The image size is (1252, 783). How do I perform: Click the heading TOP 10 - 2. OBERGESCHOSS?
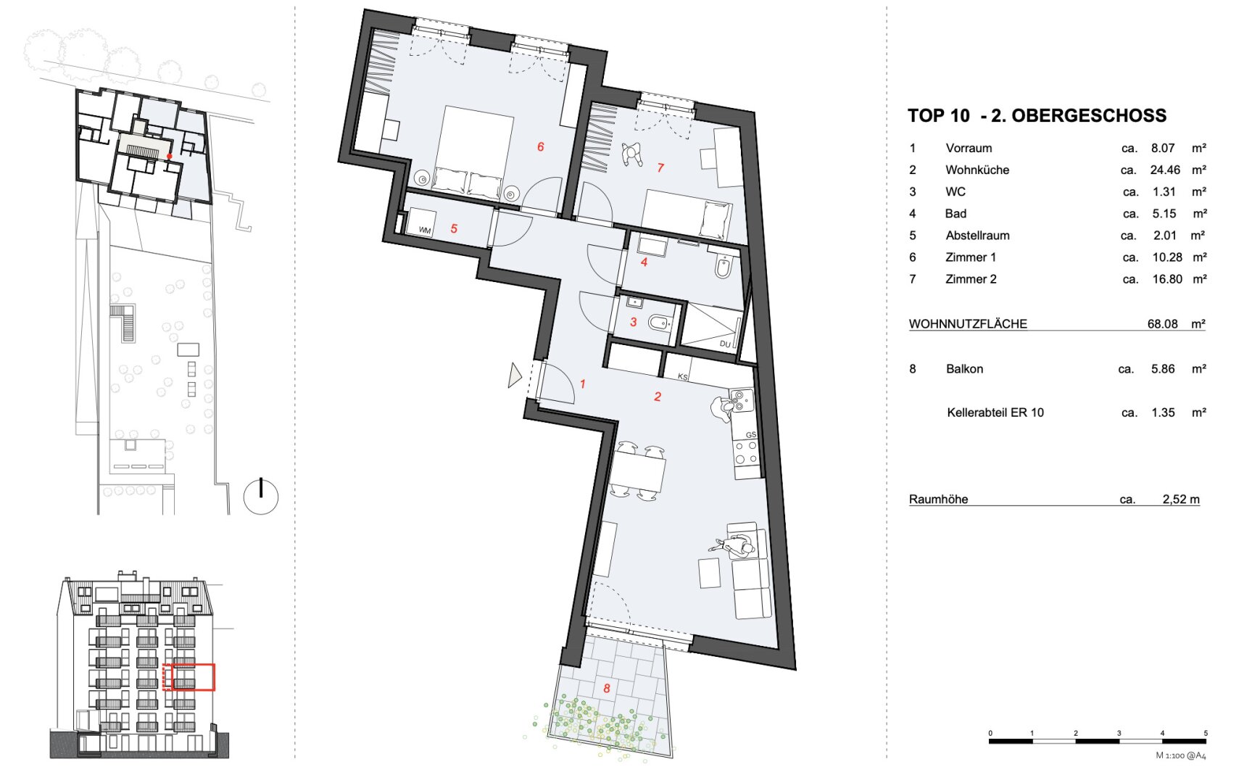[1037, 115]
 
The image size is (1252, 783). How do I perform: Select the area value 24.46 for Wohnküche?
[1165, 170]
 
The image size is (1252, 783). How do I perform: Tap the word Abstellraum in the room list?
[977, 235]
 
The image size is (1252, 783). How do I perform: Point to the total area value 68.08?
[1162, 323]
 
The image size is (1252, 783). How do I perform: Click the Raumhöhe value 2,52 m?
[1181, 499]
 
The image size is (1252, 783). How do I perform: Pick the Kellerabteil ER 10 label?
[995, 413]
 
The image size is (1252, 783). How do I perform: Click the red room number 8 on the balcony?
[607, 688]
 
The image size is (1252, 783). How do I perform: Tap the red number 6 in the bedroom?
[540, 146]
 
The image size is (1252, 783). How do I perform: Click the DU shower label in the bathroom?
[725, 344]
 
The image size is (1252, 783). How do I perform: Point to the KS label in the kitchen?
[682, 376]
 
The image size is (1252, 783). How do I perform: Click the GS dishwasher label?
[750, 435]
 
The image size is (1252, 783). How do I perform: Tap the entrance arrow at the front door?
[515, 375]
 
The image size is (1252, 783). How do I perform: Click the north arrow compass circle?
[261, 497]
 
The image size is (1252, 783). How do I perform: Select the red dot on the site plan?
[170, 156]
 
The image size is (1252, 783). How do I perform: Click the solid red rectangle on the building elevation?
[194, 677]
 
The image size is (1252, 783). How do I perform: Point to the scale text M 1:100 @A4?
[1180, 755]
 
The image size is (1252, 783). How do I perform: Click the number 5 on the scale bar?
[1205, 733]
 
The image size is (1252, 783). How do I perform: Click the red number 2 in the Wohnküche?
[658, 397]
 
